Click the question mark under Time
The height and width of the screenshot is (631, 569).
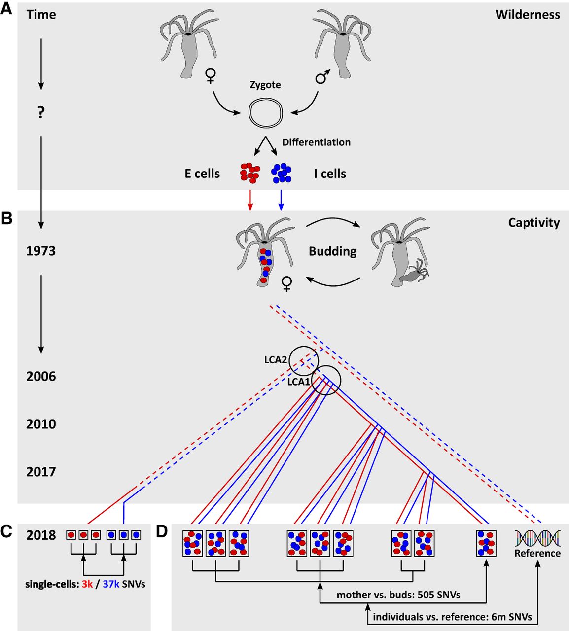pyautogui.click(x=41, y=112)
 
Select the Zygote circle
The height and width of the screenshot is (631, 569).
pyautogui.click(x=266, y=113)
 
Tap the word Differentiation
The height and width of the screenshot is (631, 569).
pyautogui.click(x=316, y=142)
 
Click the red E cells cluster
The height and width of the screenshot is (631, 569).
pyautogui.click(x=249, y=173)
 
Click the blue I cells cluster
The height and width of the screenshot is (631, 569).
pyautogui.click(x=281, y=173)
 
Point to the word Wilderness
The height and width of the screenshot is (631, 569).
pyautogui.click(x=528, y=15)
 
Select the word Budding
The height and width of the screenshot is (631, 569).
pyautogui.click(x=332, y=251)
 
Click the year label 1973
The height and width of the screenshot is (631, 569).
pyautogui.click(x=41, y=251)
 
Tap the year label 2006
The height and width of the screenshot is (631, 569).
pyautogui.click(x=41, y=377)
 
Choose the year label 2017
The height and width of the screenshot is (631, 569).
pyautogui.click(x=41, y=472)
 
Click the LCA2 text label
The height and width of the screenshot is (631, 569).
pyautogui.click(x=275, y=360)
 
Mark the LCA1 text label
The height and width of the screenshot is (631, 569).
pyautogui.click(x=298, y=382)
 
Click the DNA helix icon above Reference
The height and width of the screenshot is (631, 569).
pyautogui.click(x=537, y=538)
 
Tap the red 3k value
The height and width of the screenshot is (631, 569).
pyautogui.click(x=87, y=584)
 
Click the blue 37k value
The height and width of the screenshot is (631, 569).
pyautogui.click(x=111, y=584)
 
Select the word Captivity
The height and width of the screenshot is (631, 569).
pyautogui.click(x=534, y=223)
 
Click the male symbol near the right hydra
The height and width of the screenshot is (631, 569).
pyautogui.click(x=322, y=76)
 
